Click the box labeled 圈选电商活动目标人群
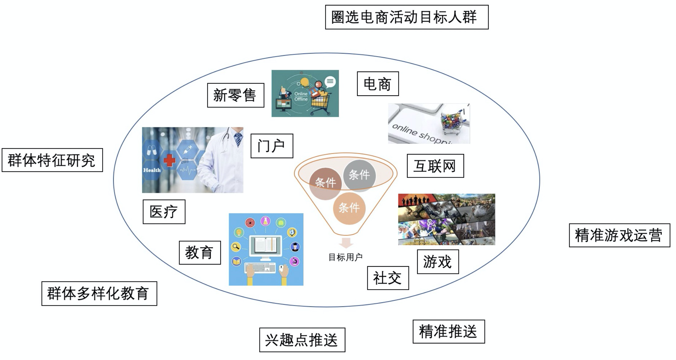point(406,17)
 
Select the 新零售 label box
point(235,95)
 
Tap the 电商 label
point(378,84)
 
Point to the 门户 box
point(271,146)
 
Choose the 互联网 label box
point(435,166)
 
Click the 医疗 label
point(164,212)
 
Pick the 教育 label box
point(200,253)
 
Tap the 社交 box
point(388,278)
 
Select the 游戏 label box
point(438,262)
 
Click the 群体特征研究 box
point(52,160)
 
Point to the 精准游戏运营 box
point(619,235)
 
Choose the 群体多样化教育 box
point(99,293)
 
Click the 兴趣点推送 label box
point(302,340)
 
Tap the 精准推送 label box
point(448,331)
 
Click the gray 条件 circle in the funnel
point(359,175)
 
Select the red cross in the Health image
point(169,160)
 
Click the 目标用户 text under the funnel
point(345,257)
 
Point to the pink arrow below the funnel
point(346,243)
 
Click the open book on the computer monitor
point(266,245)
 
